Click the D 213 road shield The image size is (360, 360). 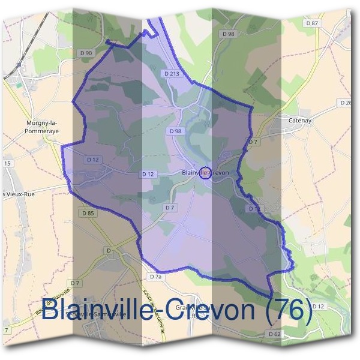point(172,74)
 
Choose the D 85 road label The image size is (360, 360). point(86,213)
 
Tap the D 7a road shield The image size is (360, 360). point(155,277)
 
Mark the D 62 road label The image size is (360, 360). point(274,334)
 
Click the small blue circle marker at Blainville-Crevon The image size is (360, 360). point(205,172)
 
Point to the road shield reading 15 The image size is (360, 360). point(7,163)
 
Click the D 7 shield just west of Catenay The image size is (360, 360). point(253,142)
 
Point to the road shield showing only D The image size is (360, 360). point(109,250)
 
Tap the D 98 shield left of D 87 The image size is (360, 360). point(228,34)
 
